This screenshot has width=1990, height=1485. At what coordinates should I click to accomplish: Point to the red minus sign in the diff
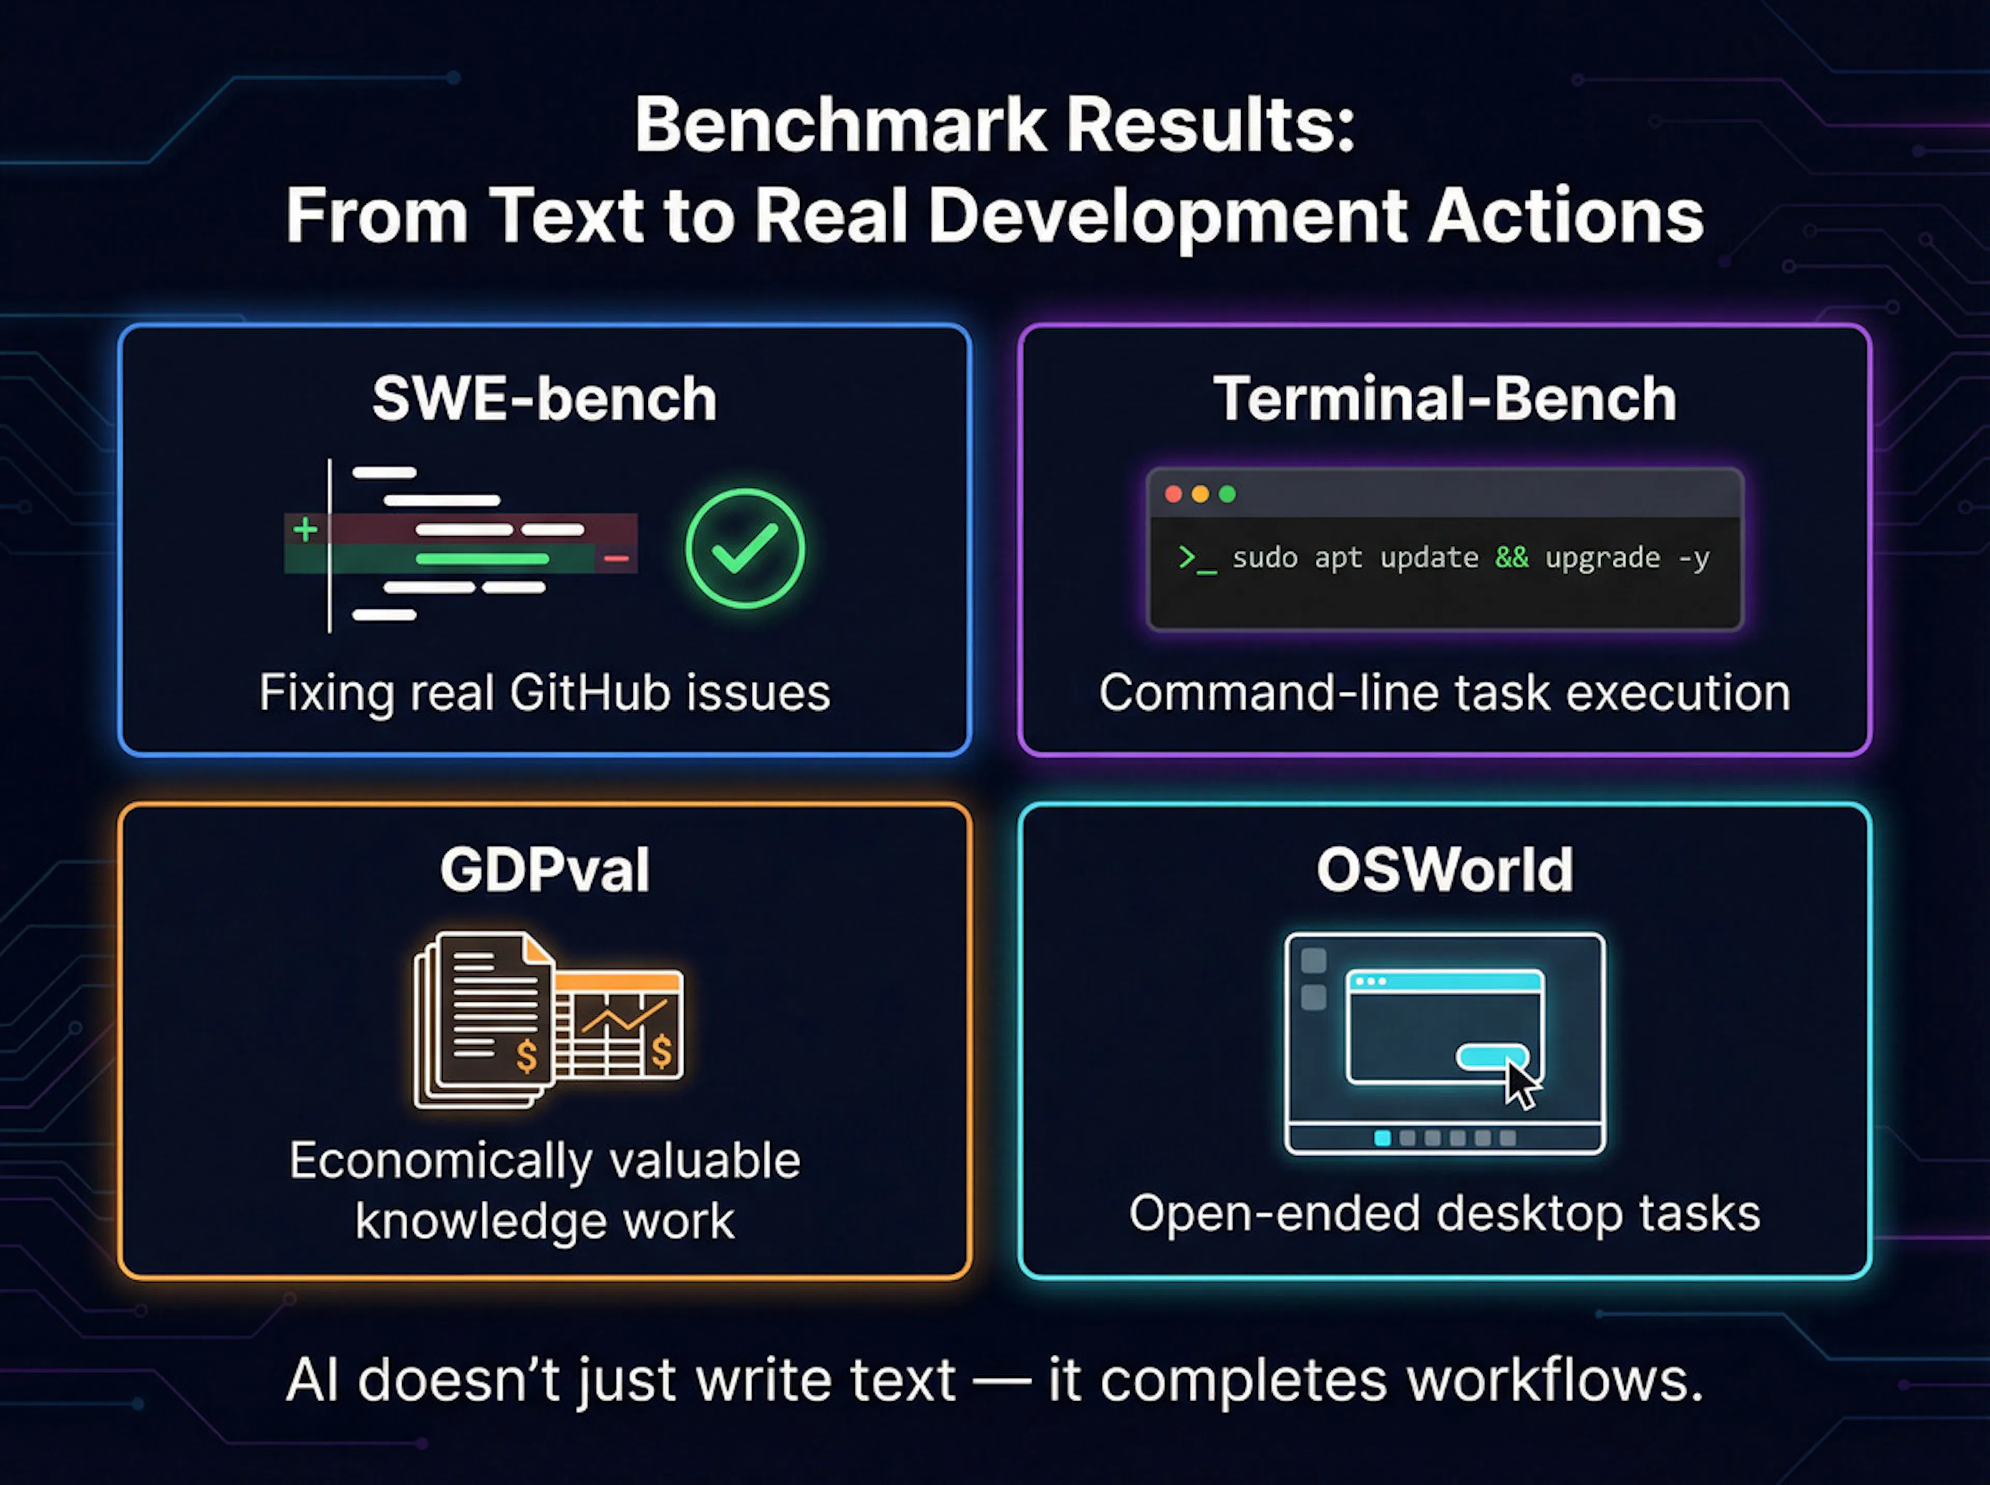(617, 558)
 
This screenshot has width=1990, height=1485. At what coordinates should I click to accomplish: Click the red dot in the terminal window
(1173, 494)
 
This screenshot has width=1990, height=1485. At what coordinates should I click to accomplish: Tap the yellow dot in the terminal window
(1200, 494)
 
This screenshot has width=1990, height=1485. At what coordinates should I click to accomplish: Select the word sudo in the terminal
(1265, 557)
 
